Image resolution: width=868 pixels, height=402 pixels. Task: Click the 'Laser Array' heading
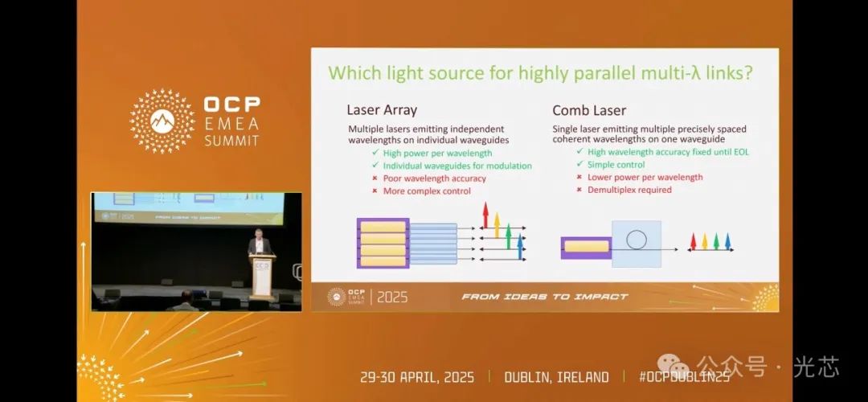[x=382, y=110]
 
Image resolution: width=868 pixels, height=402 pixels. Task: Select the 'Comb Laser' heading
[x=589, y=110]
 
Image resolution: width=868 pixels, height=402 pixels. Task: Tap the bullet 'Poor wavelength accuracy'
[x=435, y=178]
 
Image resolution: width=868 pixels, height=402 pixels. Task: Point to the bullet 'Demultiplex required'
[x=629, y=190]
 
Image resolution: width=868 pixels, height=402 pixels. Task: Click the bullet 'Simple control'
[x=616, y=165]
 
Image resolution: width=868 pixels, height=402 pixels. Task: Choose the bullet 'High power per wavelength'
[x=437, y=153]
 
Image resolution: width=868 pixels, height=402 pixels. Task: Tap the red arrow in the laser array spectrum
[x=485, y=215]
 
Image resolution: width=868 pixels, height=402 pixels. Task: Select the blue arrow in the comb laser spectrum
[x=727, y=241]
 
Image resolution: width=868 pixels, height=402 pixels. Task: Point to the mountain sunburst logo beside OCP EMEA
[x=162, y=121]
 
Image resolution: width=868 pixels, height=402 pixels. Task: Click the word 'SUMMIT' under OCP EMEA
[x=231, y=140]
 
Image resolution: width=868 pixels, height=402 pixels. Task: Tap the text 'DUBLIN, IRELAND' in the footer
[x=556, y=378]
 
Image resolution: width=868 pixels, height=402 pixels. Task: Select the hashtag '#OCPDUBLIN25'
[x=684, y=378]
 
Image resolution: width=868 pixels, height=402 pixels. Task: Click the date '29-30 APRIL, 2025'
[x=417, y=378]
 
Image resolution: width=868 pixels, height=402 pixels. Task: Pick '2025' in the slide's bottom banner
[x=392, y=297]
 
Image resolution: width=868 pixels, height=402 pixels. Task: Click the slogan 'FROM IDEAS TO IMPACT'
[x=545, y=297]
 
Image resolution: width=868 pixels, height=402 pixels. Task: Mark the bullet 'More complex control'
[x=427, y=191]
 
